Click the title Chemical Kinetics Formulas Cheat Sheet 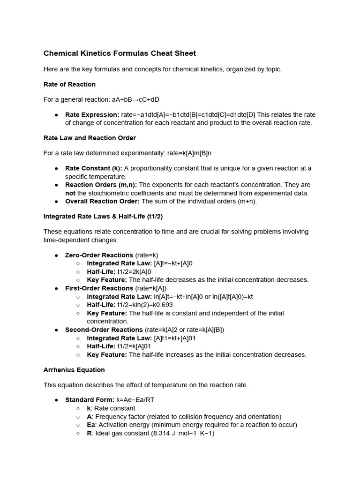click(x=120, y=53)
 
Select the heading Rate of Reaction click(x=69, y=84)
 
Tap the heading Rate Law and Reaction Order click(x=90, y=138)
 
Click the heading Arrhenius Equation click(x=74, y=370)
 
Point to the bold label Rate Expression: click(x=92, y=115)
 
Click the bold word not click(x=70, y=193)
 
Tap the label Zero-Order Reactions click(x=99, y=255)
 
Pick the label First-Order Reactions click(x=99, y=288)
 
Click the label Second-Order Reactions click(x=104, y=330)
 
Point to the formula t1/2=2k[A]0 click(x=134, y=272)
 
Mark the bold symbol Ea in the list click(x=91, y=425)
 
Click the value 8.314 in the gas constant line click(x=162, y=433)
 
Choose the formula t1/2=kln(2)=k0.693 click(x=146, y=305)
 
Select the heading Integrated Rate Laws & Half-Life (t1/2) click(x=103, y=217)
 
